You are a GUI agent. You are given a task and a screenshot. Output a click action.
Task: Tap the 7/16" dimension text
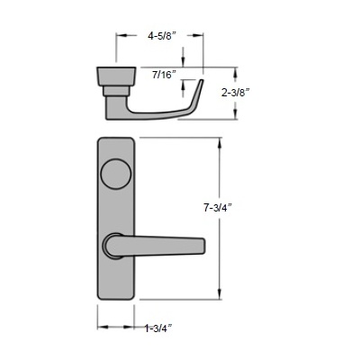pos(164,74)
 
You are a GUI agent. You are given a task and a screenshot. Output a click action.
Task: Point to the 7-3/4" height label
pos(220,207)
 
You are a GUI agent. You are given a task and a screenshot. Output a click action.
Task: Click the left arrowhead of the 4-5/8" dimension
pos(120,37)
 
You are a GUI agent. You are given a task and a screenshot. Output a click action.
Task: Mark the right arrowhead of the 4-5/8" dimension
pos(199,37)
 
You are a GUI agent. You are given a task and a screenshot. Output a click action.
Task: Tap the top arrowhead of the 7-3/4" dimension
pos(221,142)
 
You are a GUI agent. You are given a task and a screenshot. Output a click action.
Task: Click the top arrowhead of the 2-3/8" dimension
pos(237,71)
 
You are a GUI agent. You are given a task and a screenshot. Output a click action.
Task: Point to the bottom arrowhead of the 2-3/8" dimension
pos(237,117)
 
